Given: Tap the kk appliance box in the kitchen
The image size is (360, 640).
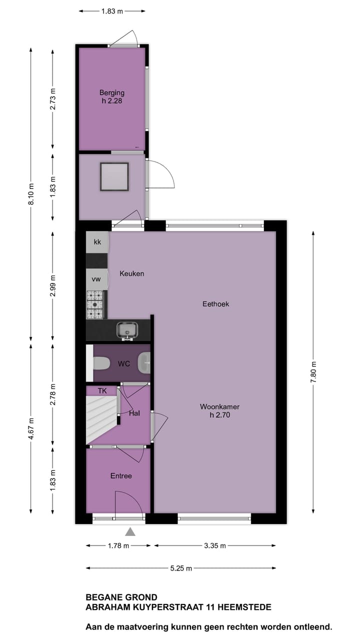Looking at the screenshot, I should click(x=97, y=242).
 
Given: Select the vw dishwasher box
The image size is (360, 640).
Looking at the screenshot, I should click(x=96, y=279).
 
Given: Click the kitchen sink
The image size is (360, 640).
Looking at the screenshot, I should click(x=127, y=330).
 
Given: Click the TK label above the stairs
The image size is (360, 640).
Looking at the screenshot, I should click(x=102, y=390).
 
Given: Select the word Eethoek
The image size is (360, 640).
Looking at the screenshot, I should click(x=215, y=303).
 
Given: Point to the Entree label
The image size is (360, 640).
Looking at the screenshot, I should click(x=121, y=475).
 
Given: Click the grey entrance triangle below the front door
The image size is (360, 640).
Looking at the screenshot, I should click(x=130, y=532).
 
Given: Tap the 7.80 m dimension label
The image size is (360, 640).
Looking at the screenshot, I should click(x=313, y=371).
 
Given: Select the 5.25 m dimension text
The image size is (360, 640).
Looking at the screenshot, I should click(x=180, y=568).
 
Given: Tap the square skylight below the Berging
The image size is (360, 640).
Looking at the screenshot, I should click(x=114, y=176).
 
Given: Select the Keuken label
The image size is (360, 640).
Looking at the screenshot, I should click(x=131, y=273).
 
